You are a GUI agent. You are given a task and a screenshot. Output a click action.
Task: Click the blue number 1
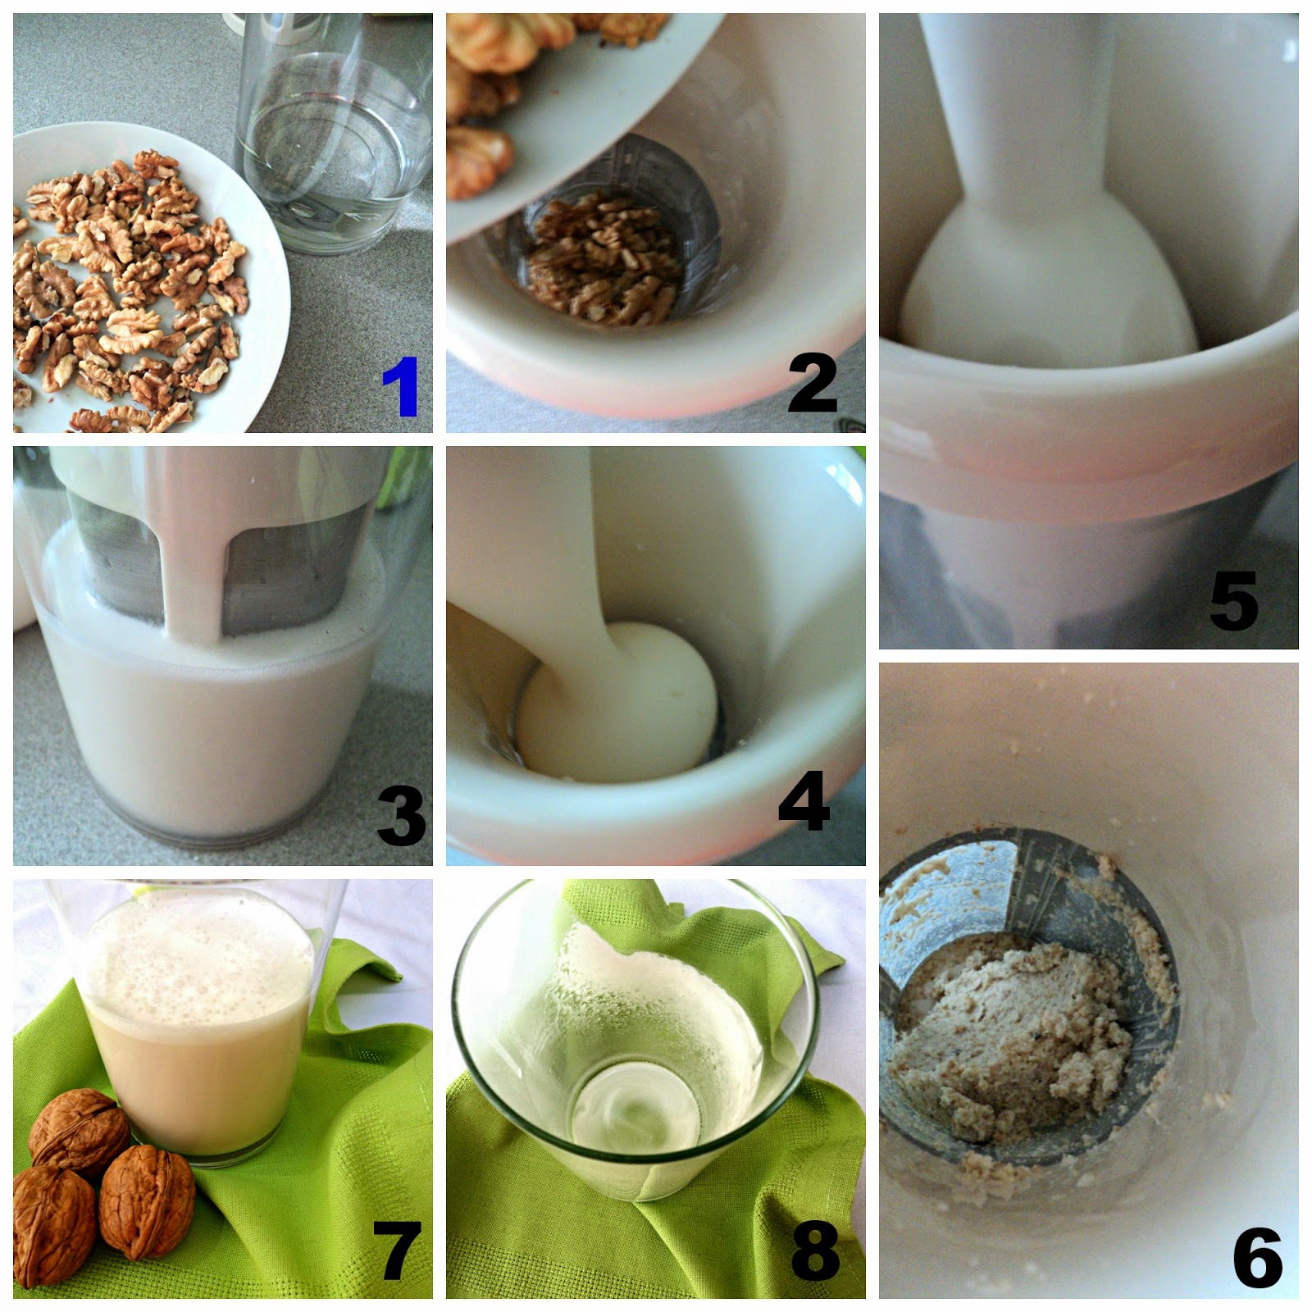401,386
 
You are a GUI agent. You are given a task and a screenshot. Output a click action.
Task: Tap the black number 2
813,383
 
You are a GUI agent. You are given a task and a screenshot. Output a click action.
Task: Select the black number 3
402,816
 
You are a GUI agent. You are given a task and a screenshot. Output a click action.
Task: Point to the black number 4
804,800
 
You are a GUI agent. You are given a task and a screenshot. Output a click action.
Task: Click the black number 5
1234,601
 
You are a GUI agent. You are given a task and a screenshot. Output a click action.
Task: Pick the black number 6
1258,1257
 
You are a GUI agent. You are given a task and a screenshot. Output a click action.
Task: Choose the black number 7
397,1250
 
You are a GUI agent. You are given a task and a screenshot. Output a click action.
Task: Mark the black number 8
816,1250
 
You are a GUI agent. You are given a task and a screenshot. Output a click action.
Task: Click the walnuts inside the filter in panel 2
603,258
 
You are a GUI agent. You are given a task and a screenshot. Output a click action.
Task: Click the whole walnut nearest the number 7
148,1203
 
